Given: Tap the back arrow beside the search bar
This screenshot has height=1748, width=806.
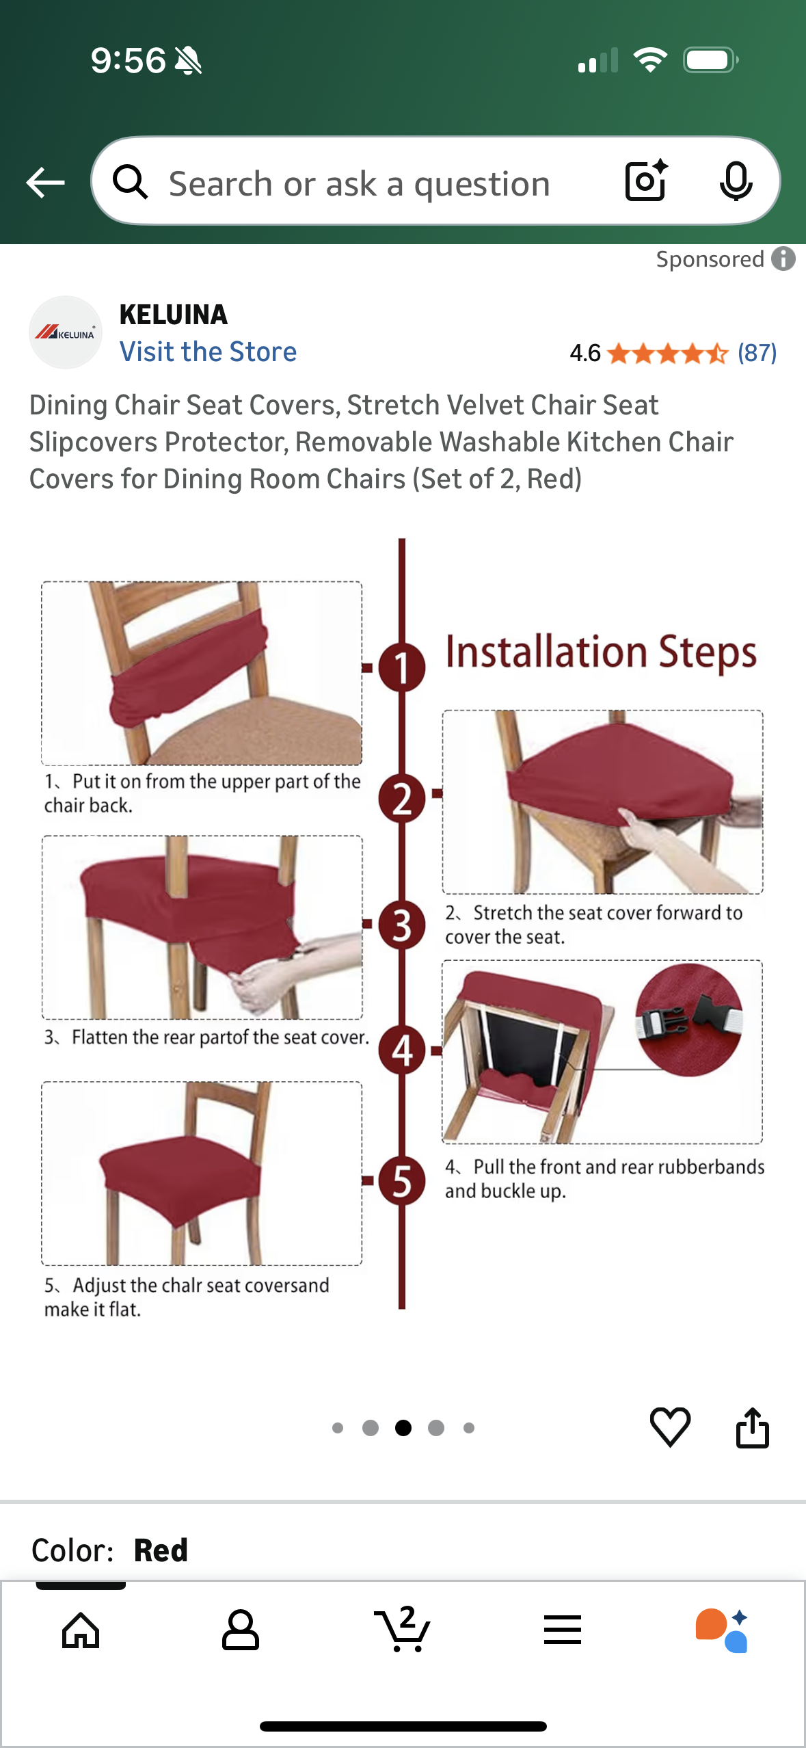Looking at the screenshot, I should point(45,183).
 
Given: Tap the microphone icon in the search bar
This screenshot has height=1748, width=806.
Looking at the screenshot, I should point(736,182).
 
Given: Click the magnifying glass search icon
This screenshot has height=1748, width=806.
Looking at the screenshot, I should point(130,182).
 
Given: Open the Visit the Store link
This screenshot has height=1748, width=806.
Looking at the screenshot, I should point(208,352).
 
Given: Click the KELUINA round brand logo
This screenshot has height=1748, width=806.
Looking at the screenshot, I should point(66,332).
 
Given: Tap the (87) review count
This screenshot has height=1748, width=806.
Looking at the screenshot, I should point(757,353).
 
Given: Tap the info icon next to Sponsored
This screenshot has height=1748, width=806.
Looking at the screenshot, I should point(783,259).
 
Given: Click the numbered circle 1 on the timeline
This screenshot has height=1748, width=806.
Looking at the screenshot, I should point(402,667).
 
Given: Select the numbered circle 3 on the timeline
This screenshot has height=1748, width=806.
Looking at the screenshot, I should point(402,925).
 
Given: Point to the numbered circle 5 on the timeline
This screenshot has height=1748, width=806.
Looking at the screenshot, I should point(402,1180).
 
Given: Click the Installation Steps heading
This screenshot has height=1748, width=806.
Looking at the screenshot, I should point(601,652).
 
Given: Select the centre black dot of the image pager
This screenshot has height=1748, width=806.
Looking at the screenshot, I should point(403,1427).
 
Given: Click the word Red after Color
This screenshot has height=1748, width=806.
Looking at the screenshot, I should point(161,1550).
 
